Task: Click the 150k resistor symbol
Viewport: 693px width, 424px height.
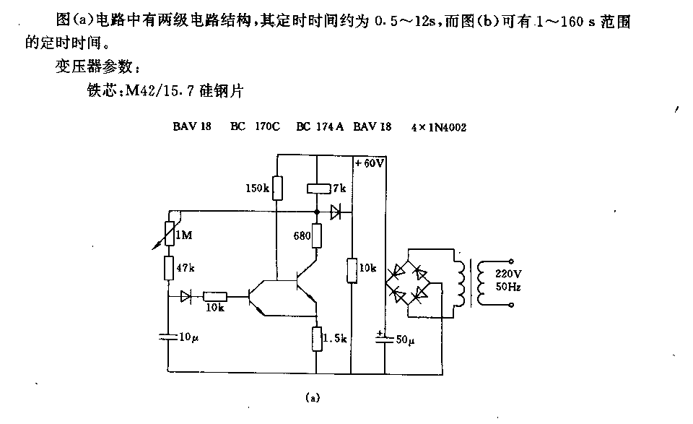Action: [x=277, y=188]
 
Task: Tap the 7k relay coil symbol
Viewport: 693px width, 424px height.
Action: [x=319, y=189]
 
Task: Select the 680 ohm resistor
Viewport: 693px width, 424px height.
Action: [x=316, y=235]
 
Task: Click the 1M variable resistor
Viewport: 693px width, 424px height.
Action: [x=169, y=233]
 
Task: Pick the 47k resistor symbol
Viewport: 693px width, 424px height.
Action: [x=169, y=267]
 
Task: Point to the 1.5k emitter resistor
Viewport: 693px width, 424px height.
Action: [x=316, y=339]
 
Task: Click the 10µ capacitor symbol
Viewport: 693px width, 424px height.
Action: [x=168, y=337]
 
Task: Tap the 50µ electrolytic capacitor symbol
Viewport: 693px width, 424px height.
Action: [x=385, y=339]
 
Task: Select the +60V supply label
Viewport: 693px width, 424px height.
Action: [x=370, y=163]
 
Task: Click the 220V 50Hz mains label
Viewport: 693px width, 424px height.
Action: [x=508, y=280]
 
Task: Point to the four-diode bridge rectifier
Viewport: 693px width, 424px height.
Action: [x=409, y=283]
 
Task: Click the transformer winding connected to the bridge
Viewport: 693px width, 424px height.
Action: [x=460, y=283]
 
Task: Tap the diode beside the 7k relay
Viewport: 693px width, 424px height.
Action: [x=336, y=212]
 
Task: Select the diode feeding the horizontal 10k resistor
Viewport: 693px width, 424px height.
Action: [x=186, y=296]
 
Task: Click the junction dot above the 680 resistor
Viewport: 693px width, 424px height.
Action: [x=316, y=212]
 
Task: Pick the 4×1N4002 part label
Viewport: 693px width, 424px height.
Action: [x=438, y=127]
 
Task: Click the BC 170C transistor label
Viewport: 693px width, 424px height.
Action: [x=255, y=126]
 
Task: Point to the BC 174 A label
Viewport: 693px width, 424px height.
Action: [x=320, y=126]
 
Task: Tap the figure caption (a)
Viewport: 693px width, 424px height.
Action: [x=312, y=398]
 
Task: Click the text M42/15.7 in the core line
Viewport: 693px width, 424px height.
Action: [x=160, y=91]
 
